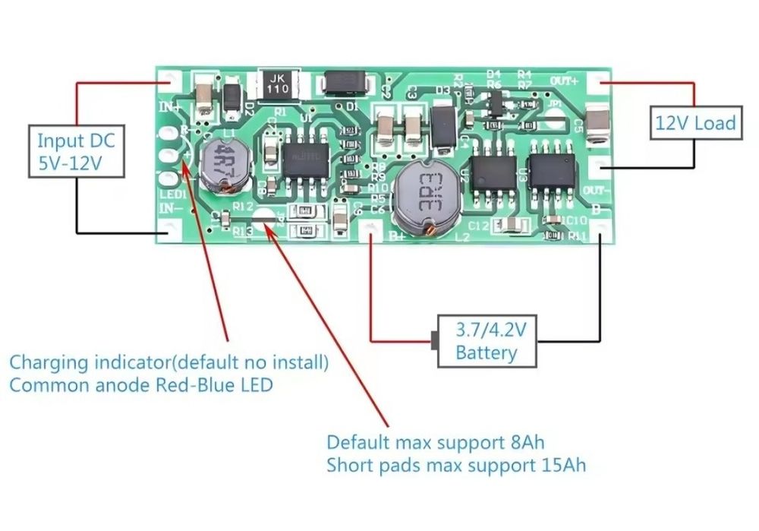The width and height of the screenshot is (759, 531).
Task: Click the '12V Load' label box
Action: coord(694,122)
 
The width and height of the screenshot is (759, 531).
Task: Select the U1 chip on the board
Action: coord(302,161)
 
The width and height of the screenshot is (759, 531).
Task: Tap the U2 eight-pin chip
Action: coord(493,175)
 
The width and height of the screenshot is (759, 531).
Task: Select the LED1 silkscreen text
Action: coord(169,194)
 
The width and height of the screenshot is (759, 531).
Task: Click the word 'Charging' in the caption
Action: coord(43,362)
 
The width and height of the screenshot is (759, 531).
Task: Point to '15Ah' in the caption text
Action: coord(562,464)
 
